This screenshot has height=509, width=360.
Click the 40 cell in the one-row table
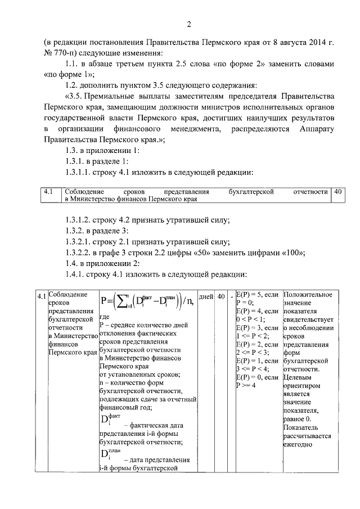click(338, 192)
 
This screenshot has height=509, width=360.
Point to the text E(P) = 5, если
click(257, 295)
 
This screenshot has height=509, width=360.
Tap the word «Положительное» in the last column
click(308, 295)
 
